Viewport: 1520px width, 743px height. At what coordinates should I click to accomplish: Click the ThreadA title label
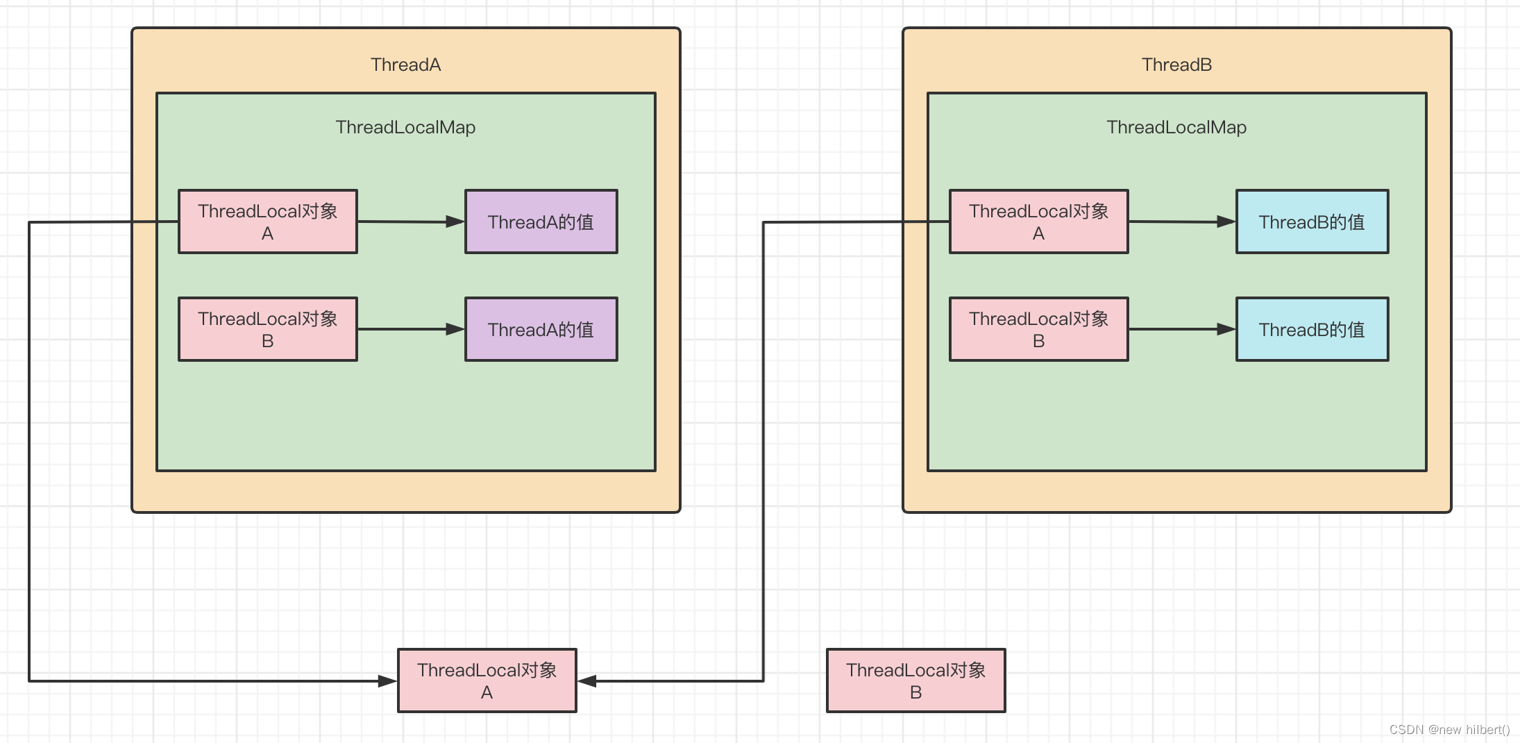tap(405, 65)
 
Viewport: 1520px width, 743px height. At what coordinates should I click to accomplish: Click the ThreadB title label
tap(1176, 65)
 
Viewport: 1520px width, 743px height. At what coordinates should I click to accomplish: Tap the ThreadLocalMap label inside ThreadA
tap(405, 127)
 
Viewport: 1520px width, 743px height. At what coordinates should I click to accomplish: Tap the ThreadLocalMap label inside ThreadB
tap(1176, 127)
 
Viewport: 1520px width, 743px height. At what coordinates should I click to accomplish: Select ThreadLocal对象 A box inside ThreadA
tap(268, 222)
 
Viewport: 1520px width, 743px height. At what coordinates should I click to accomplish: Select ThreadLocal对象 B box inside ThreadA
tap(268, 329)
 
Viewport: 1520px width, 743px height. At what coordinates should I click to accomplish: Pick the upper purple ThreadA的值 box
tap(541, 222)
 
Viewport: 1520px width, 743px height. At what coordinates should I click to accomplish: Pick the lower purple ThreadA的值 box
tap(541, 329)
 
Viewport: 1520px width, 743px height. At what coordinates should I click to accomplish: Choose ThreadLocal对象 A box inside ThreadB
tap(1038, 222)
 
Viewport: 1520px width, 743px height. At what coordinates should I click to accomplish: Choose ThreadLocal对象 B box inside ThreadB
tap(1038, 329)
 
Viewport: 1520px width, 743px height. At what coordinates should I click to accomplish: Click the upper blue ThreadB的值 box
tap(1312, 222)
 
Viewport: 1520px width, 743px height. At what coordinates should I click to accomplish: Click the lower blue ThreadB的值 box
tap(1312, 329)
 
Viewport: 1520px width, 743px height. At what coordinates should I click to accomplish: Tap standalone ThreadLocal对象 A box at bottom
tap(487, 681)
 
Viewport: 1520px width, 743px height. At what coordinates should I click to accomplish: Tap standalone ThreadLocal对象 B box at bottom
tap(915, 681)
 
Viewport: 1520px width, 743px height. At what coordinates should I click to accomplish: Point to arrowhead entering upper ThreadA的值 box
tap(455, 222)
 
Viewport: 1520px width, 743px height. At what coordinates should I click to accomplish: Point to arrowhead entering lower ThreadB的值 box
tap(1226, 329)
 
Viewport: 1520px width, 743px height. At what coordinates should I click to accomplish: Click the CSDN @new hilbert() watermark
tap(1449, 730)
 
